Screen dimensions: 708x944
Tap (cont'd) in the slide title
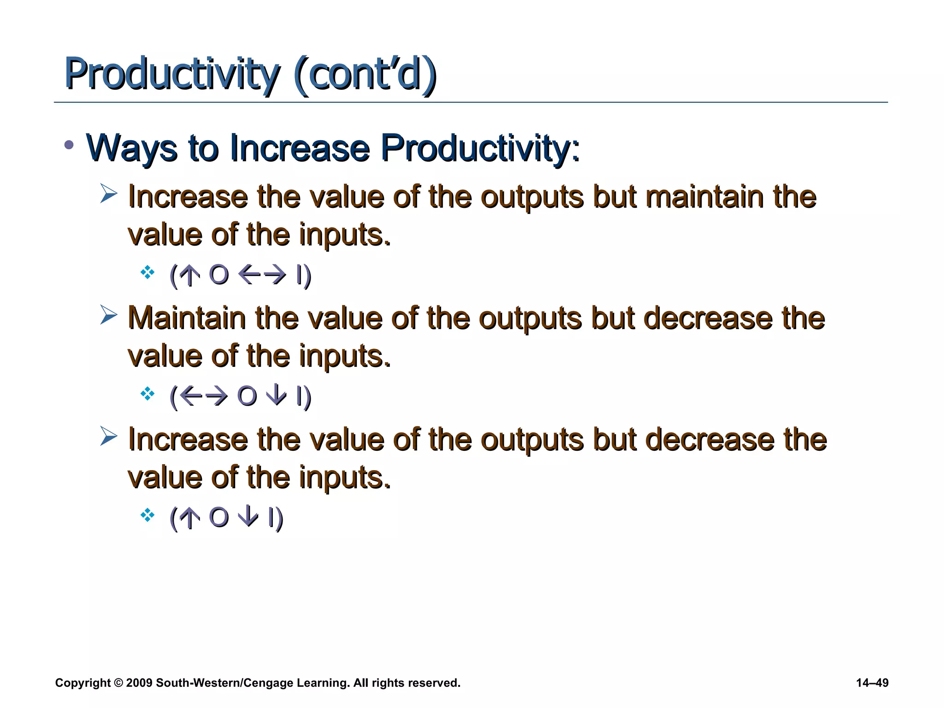point(364,74)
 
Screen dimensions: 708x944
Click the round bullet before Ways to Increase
point(69,146)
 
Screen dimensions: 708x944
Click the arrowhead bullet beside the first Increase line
point(109,194)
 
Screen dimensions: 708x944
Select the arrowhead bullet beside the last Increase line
point(109,437)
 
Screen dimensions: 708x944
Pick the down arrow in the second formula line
point(277,396)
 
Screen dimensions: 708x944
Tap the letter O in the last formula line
point(218,517)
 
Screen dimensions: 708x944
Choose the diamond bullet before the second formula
point(147,394)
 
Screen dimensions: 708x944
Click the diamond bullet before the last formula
point(147,515)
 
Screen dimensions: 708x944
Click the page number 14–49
point(872,683)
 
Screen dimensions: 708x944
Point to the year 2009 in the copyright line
point(139,683)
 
